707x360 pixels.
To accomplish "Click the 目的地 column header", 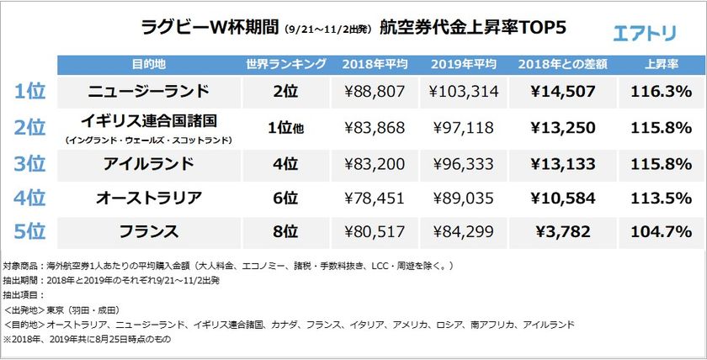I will coord(150,65).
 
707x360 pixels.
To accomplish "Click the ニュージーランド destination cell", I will coord(150,91).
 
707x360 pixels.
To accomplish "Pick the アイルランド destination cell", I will coord(150,163).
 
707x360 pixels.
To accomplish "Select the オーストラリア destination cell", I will coord(150,199).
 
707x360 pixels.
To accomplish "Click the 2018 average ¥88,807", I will coord(375,91).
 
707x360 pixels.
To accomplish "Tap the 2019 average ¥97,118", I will coord(463,128).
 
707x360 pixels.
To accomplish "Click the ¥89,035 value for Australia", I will coord(463,199).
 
